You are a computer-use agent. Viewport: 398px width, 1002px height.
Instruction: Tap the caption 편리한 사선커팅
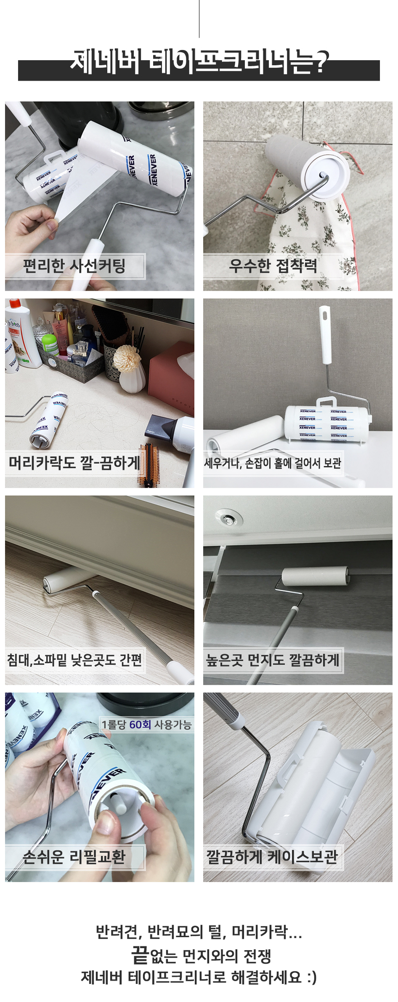75,266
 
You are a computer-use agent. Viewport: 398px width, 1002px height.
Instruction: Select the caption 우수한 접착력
273,266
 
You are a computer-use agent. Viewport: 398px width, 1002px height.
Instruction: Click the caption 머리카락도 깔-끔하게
74,463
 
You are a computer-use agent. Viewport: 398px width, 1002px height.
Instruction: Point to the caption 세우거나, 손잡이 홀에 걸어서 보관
273,463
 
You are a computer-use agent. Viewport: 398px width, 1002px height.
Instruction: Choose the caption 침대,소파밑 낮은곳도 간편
75,659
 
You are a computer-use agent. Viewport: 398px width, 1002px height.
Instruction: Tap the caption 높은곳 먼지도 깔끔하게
273,659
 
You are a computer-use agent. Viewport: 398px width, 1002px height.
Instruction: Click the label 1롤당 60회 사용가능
146,724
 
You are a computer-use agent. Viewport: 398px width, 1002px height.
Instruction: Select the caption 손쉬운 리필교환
75,856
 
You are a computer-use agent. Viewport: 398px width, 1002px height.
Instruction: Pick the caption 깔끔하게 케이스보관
272,856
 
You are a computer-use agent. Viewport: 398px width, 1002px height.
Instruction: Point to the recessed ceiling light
229,520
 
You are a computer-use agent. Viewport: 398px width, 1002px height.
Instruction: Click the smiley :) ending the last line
311,977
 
